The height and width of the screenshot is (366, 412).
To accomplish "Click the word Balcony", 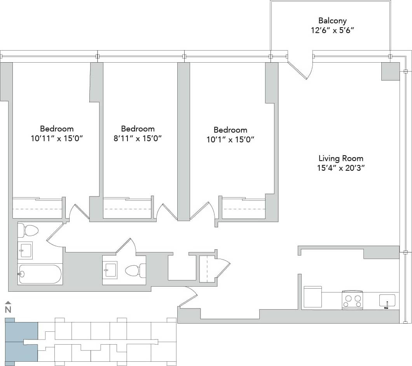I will click(332, 21).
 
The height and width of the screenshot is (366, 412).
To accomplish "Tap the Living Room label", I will click(341, 158).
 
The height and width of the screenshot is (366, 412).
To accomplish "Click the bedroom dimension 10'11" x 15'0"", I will click(57, 138).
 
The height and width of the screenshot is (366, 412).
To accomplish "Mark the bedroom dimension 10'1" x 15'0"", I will click(230, 139).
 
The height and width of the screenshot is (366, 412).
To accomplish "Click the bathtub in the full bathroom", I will click(40, 274).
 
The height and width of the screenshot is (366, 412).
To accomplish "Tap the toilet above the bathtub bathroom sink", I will click(28, 230).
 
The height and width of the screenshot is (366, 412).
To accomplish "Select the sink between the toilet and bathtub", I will click(25, 250).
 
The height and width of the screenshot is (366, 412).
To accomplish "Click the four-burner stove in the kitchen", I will click(352, 300).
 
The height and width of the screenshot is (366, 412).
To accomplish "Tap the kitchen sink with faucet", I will click(387, 301).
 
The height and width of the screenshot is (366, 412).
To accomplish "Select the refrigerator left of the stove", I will click(312, 297).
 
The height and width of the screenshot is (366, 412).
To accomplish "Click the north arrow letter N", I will click(8, 310).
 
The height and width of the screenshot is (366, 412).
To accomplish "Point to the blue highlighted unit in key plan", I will click(21, 341).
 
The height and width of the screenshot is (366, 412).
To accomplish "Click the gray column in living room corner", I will click(390, 71).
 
